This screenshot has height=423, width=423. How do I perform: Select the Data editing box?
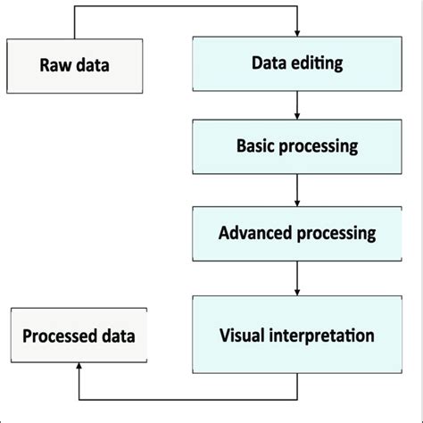coord(296,65)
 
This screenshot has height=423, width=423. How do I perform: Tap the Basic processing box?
coord(296,146)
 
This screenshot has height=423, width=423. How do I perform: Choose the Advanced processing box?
coord(296,233)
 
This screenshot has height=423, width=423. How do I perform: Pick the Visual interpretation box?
coord(296,336)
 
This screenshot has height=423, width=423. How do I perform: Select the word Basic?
coord(257,146)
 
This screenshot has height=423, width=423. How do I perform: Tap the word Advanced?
coord(255,233)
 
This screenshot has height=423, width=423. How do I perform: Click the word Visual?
coord(242,336)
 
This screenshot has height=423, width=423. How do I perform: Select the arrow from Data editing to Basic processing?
coord(296,106)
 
